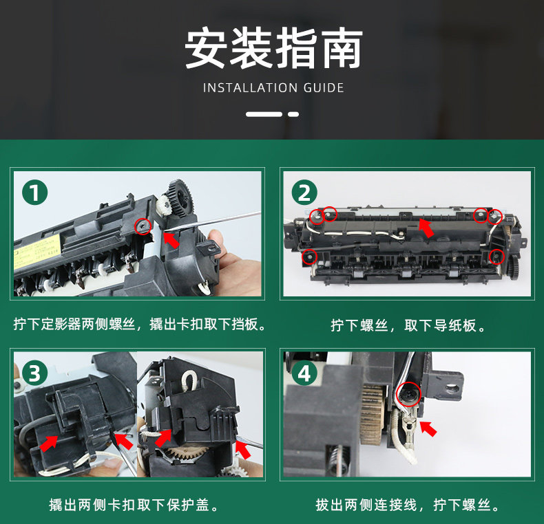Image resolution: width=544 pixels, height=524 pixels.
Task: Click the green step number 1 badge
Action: pyautogui.click(x=35, y=193)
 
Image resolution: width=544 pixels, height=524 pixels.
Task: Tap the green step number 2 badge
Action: pyautogui.click(x=304, y=193)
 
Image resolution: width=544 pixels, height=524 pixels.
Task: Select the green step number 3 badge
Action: pyautogui.click(x=35, y=373)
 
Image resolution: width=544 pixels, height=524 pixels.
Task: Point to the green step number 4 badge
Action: pyautogui.click(x=304, y=373)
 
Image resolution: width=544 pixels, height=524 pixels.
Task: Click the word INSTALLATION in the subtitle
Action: pyautogui.click(x=250, y=88)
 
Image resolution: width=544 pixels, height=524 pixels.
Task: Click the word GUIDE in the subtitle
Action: pyautogui.click(x=324, y=88)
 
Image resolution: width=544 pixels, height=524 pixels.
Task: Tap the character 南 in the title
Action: pyautogui.click(x=342, y=48)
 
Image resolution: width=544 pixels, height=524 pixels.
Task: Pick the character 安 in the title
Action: pyautogui.click(x=205, y=48)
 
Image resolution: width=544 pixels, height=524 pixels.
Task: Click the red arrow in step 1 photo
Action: pyautogui.click(x=171, y=240)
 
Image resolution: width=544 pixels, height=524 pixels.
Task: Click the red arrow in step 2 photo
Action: pyautogui.click(x=426, y=228)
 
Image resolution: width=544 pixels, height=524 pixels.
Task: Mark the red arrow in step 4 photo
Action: pyautogui.click(x=428, y=428)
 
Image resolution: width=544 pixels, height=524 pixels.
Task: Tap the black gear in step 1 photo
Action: pyautogui.click(x=180, y=198)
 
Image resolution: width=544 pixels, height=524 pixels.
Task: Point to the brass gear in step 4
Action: pyautogui.click(x=372, y=415)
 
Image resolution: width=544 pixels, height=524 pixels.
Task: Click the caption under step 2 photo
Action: pyautogui.click(x=408, y=326)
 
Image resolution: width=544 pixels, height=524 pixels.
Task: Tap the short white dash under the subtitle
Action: pyautogui.click(x=293, y=114)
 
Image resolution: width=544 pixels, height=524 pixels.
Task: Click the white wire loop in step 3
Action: pyautogui.click(x=189, y=380)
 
